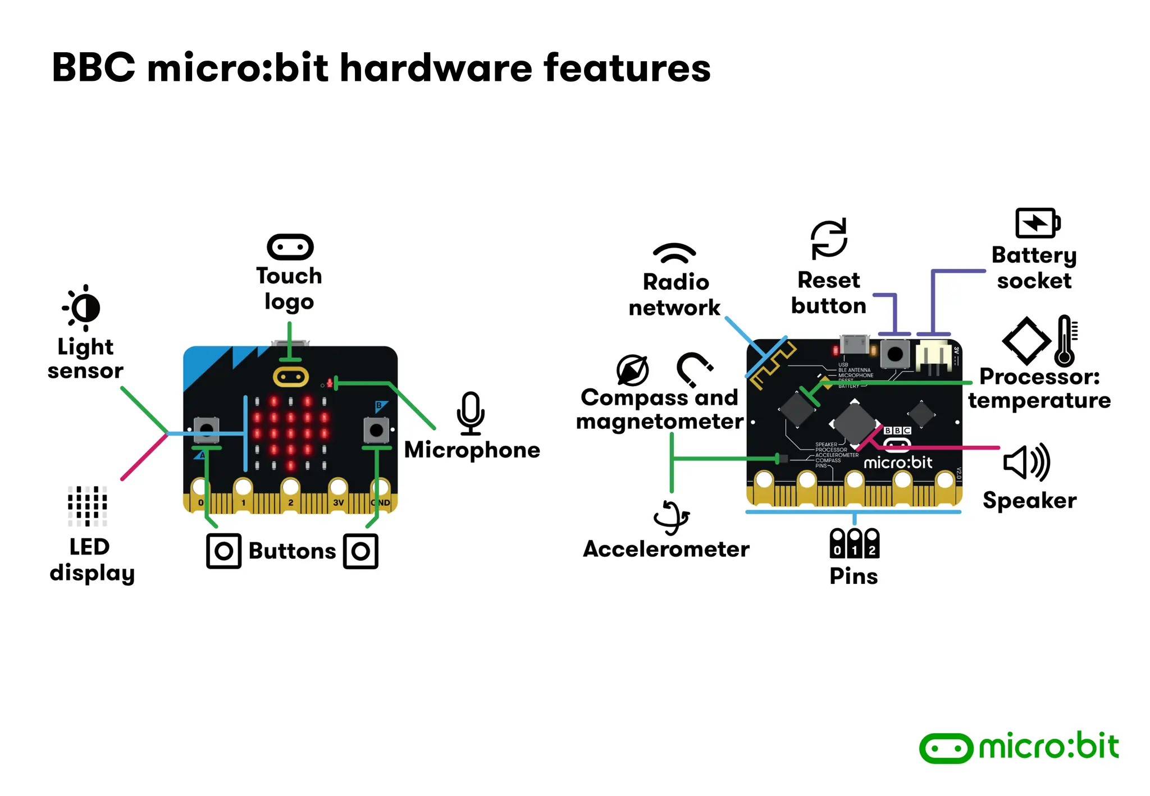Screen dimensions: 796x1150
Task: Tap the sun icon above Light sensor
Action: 83,308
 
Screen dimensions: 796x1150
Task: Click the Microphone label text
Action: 472,450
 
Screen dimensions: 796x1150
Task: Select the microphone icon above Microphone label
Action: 471,413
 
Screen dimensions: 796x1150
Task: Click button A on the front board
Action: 207,430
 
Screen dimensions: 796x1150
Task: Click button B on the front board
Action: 376,431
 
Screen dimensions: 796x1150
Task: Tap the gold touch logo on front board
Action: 290,376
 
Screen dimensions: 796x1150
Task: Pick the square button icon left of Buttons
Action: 223,551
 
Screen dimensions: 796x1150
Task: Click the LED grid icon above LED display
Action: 87,506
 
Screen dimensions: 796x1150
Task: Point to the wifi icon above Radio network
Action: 674,254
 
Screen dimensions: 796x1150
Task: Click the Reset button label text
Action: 828,292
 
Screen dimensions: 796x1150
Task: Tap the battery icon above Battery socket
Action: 1037,223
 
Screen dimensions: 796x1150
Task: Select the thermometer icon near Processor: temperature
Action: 1065,340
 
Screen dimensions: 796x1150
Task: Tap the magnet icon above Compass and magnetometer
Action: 694,369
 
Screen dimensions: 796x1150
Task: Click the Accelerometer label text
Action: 666,549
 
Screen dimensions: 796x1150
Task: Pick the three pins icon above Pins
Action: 854,543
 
